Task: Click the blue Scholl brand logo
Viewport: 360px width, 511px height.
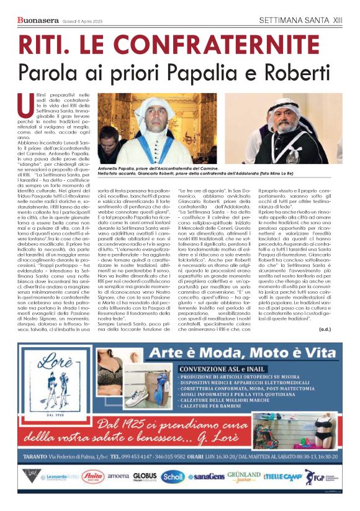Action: pos(174,477)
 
